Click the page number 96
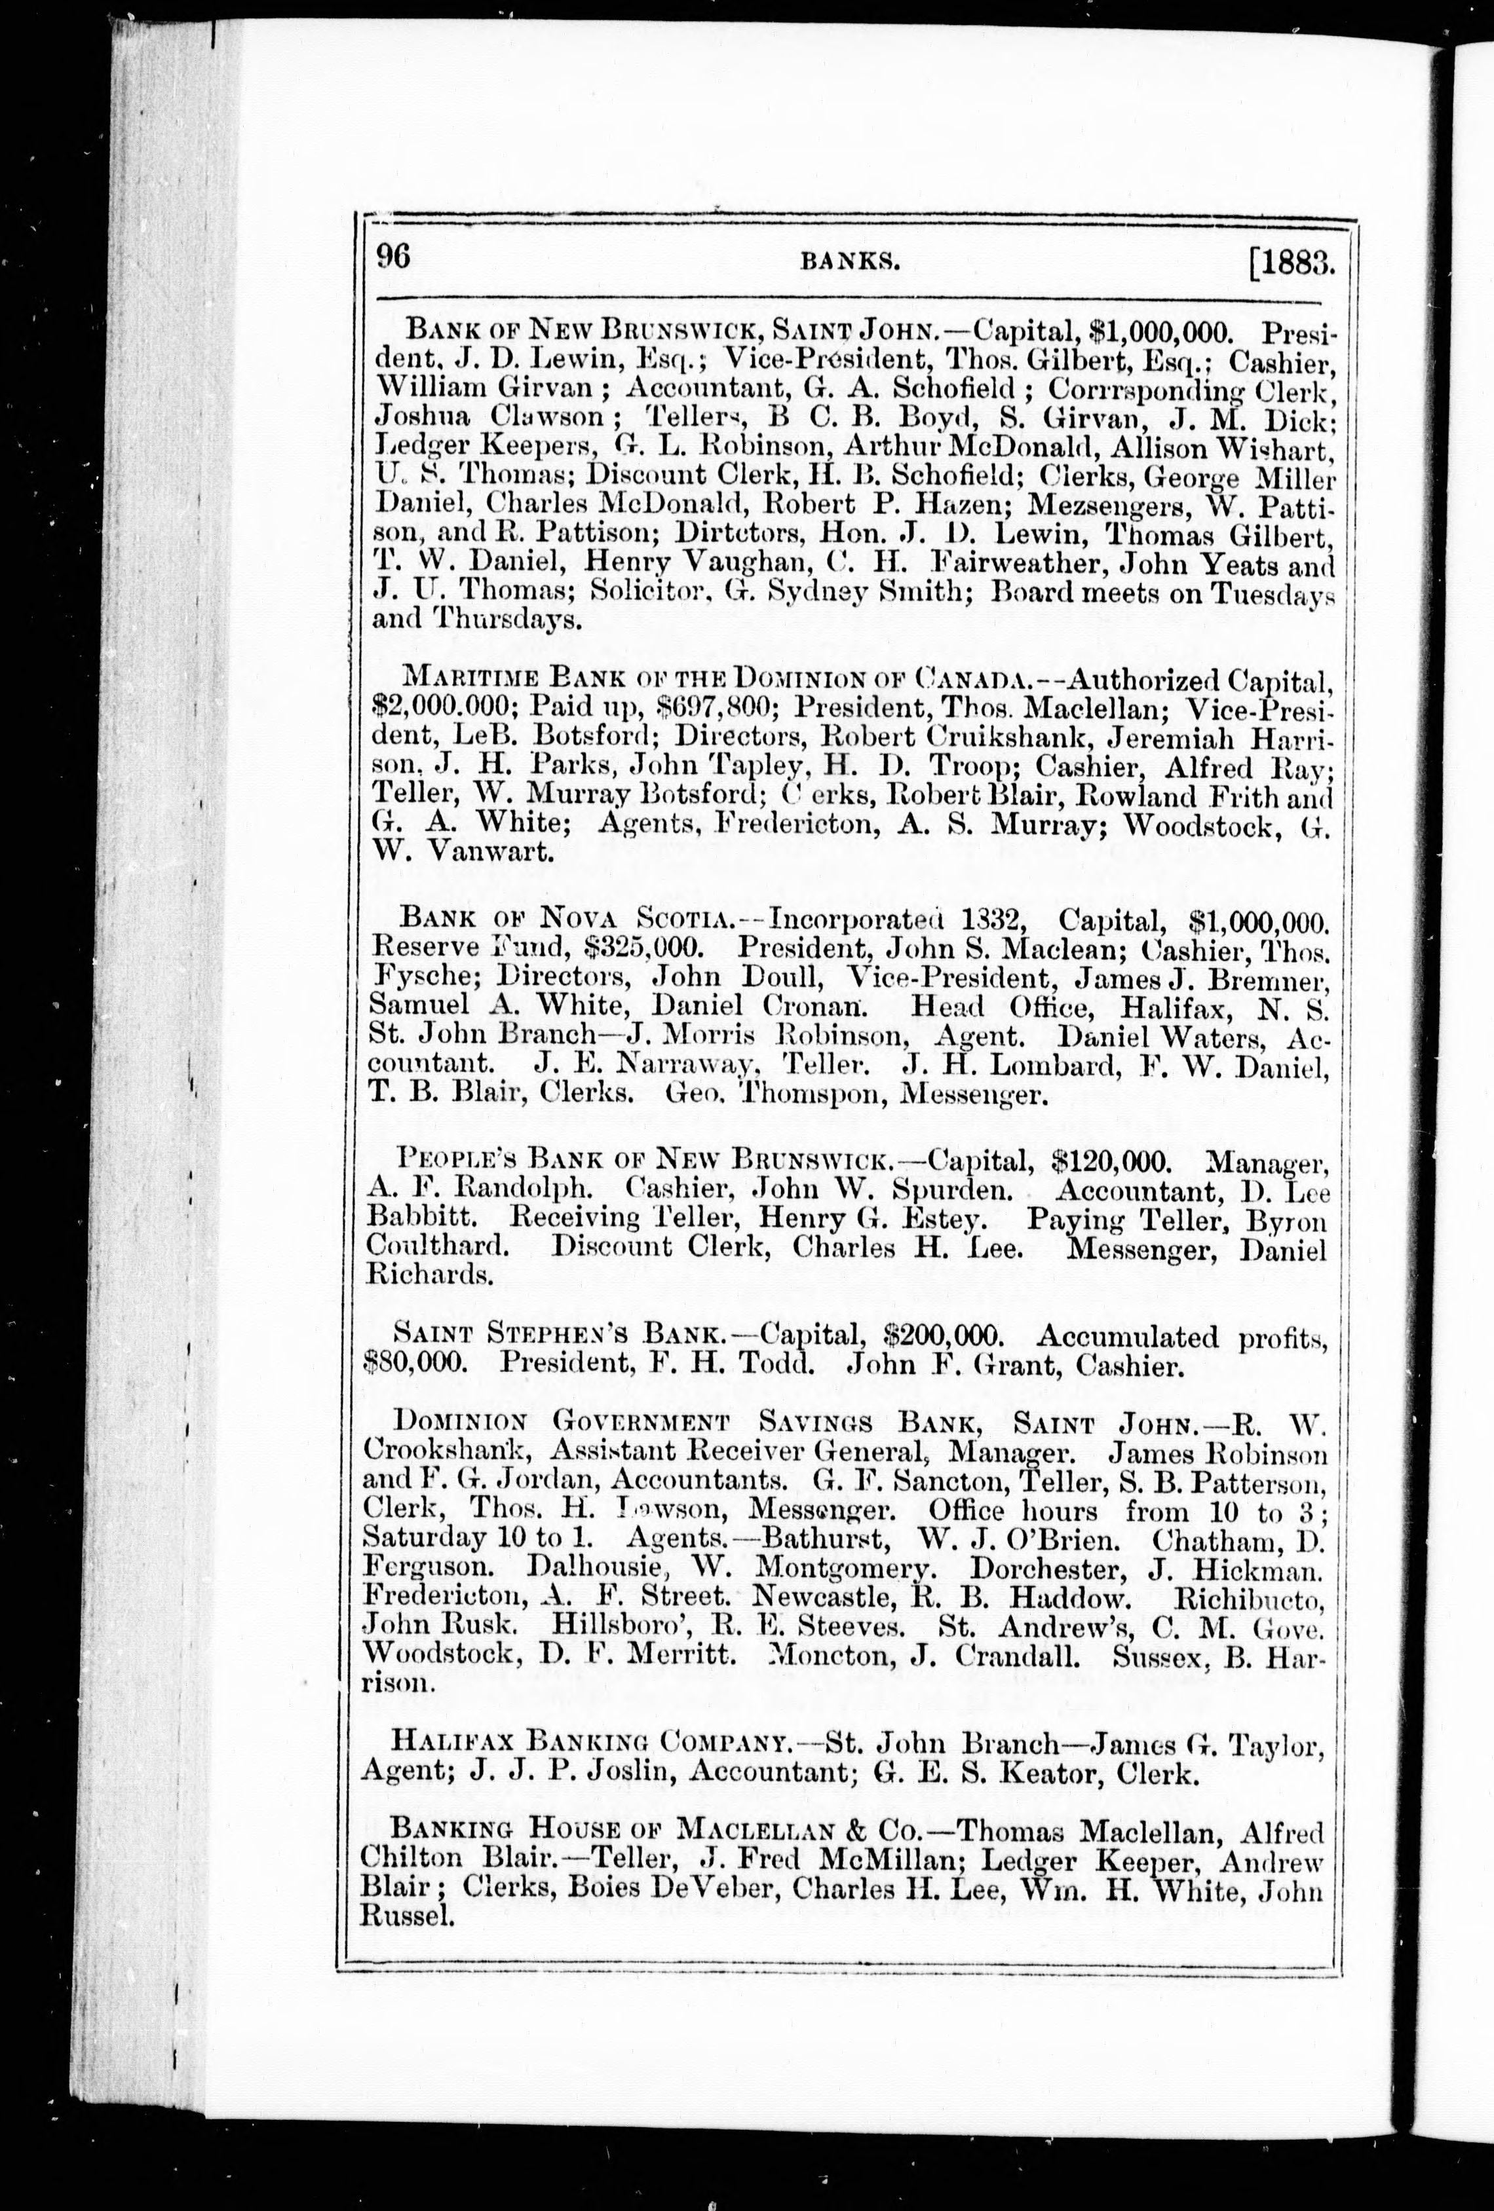(393, 258)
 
